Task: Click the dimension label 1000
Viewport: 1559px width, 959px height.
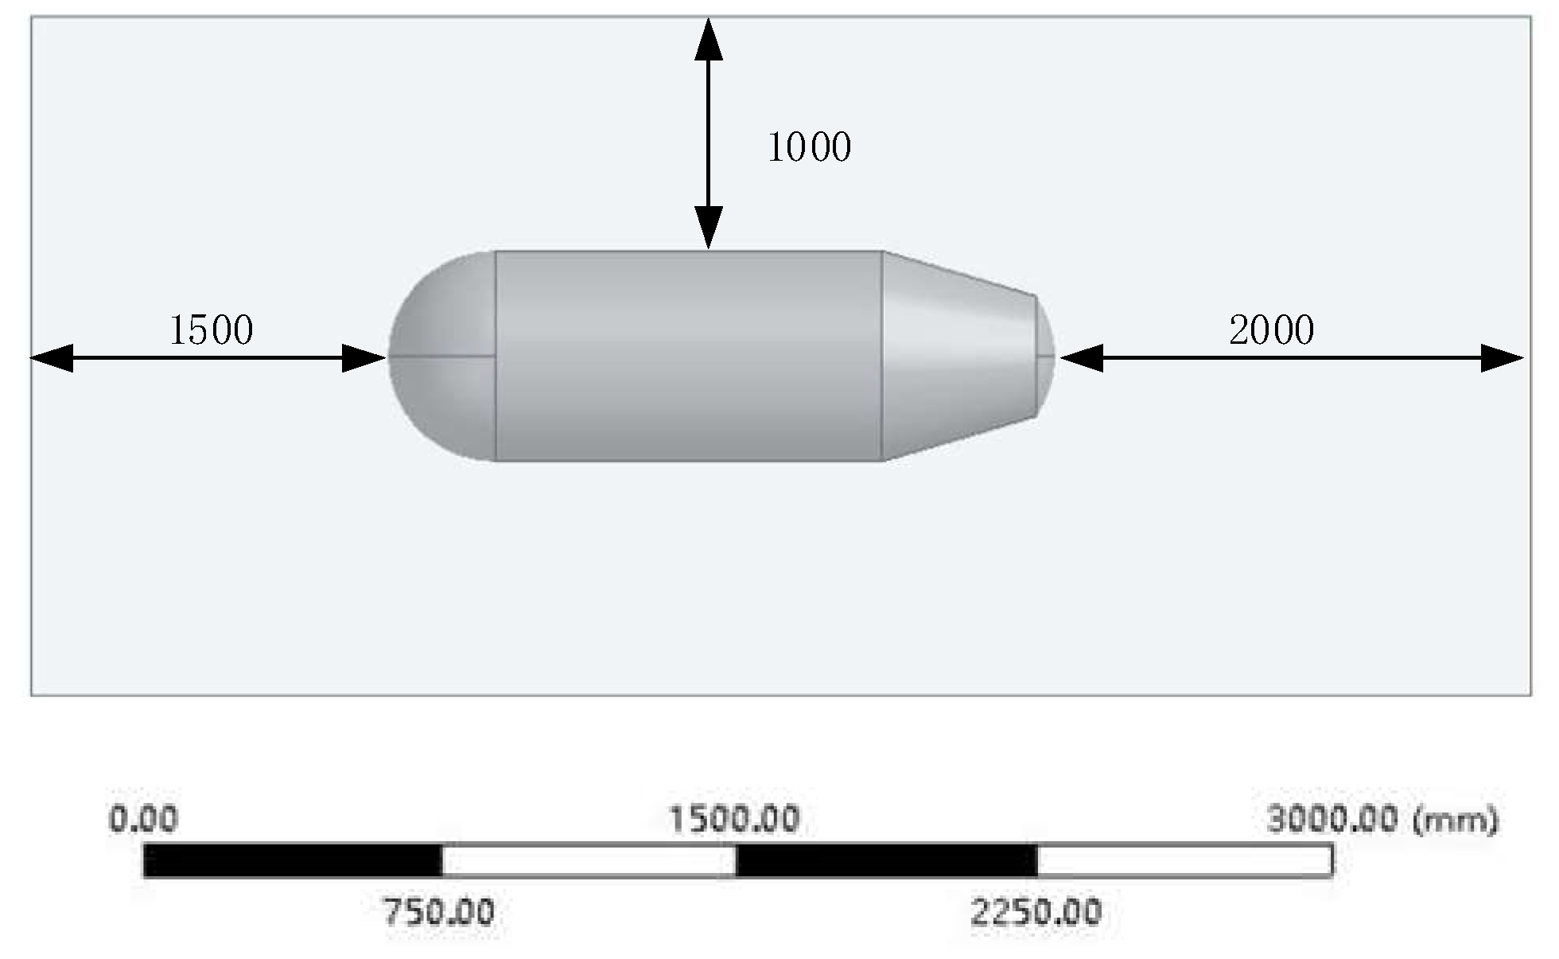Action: tap(809, 147)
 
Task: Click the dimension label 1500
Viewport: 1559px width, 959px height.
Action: tap(211, 329)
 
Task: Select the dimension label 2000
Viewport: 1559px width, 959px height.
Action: tap(1271, 329)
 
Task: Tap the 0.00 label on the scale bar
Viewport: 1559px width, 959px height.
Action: tap(143, 819)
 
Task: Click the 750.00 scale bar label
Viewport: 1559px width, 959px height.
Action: tap(438, 912)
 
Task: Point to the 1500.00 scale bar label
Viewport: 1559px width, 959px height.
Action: tap(733, 819)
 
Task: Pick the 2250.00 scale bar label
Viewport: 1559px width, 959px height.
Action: tap(1036, 912)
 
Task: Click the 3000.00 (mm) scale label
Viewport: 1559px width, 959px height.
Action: tap(1382, 819)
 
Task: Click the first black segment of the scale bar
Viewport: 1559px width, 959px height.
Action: tap(292, 860)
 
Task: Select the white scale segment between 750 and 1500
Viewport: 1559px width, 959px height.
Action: tap(589, 860)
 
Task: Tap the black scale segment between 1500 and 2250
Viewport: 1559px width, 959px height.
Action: tap(886, 860)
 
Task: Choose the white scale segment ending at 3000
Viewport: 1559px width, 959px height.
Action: tap(1184, 860)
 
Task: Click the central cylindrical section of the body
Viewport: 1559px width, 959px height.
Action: tap(688, 356)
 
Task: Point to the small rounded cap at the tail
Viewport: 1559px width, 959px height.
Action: tap(1046, 357)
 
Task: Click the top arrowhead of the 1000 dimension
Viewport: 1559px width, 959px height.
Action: tap(708, 40)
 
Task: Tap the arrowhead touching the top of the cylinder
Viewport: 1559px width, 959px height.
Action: tap(708, 228)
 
